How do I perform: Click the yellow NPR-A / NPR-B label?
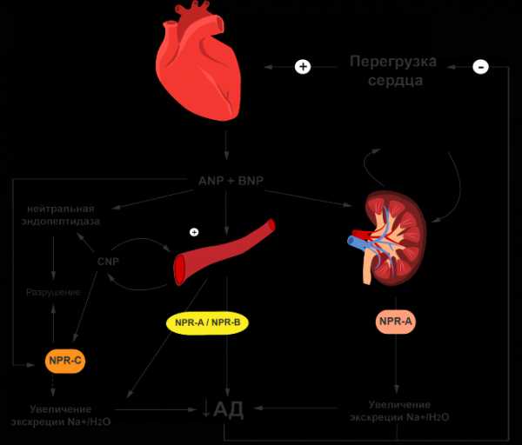207,323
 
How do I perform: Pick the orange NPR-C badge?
65,358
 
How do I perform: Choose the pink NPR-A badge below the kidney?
396,322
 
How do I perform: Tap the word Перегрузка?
393,62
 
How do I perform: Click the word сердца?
393,81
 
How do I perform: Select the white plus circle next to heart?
303,67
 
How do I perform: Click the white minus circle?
480,67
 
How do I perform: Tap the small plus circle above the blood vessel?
194,232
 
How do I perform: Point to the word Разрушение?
53,292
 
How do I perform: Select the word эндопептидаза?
63,222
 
